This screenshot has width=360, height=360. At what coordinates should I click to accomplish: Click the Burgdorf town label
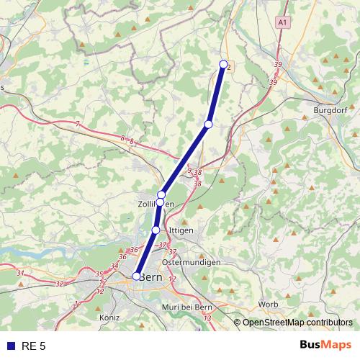331,111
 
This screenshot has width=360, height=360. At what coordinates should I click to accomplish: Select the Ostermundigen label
191,262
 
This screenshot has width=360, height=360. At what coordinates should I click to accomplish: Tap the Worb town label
268,305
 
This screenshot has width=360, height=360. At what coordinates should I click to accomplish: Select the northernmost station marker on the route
223,64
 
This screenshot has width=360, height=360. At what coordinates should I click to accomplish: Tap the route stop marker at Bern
136,276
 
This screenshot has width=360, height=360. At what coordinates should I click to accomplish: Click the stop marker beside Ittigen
156,230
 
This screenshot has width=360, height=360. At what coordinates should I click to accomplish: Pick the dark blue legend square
9,346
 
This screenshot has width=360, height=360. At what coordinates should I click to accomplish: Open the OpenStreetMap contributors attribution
297,323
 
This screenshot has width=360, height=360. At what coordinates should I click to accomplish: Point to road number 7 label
77,124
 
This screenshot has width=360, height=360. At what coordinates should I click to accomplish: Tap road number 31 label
20,273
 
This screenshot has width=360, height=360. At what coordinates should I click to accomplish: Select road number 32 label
59,284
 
